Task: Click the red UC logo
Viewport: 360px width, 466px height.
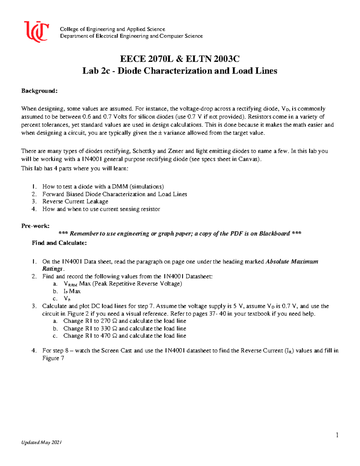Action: [x=36, y=31]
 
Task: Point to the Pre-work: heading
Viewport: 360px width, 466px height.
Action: [x=35, y=226]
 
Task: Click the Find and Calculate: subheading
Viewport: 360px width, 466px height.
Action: [x=59, y=243]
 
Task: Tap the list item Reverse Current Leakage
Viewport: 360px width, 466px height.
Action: [x=75, y=201]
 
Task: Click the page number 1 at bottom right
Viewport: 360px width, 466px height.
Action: [x=337, y=435]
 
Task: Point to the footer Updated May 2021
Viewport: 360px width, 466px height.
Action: [x=41, y=442]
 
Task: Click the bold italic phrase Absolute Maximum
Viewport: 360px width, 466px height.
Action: [x=292, y=261]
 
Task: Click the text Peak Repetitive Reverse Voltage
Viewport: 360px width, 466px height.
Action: [x=137, y=284]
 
